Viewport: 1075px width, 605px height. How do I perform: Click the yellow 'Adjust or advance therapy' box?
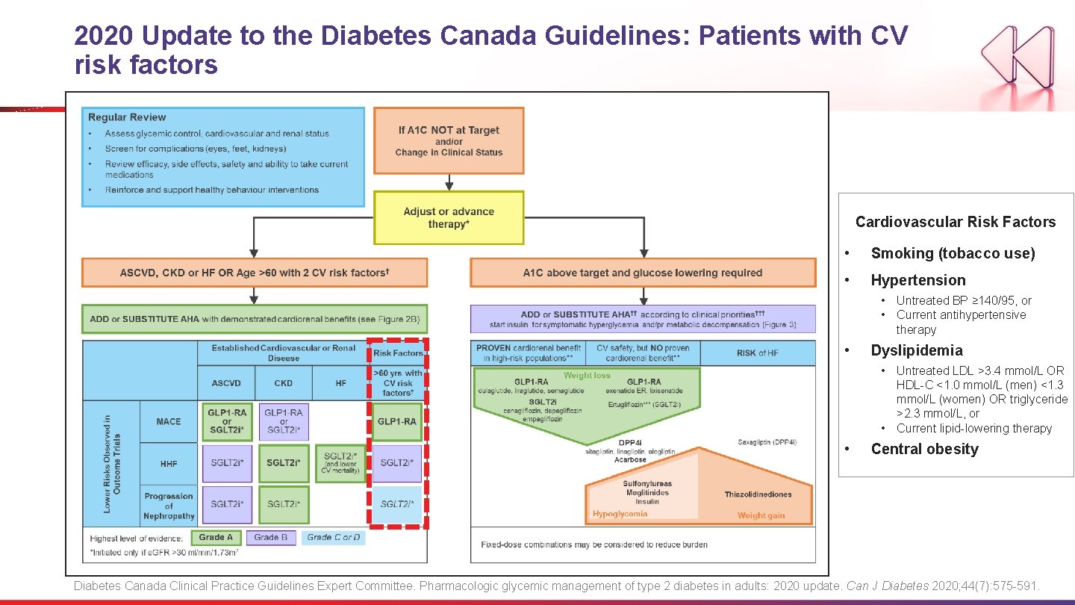(x=449, y=217)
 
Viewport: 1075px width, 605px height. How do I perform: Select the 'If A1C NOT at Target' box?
(x=449, y=140)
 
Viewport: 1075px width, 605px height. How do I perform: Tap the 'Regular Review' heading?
(x=127, y=117)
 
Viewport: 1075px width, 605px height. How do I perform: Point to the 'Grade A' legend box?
(x=216, y=537)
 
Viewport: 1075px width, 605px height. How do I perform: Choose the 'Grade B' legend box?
(x=271, y=537)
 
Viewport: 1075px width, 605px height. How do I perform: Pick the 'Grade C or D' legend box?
(x=333, y=537)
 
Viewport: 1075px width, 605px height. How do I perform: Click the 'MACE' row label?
(x=169, y=421)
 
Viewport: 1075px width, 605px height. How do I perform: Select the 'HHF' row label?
(x=169, y=463)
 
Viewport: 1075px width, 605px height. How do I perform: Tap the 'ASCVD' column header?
(x=226, y=383)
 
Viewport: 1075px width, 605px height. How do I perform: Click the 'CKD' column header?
(x=284, y=383)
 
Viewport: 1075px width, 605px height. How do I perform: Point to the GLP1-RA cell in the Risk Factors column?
(x=397, y=421)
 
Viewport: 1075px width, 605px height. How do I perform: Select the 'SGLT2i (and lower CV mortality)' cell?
(x=341, y=463)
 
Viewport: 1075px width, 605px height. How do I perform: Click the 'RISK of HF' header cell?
(x=757, y=353)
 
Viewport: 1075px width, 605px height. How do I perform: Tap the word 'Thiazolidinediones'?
(x=758, y=494)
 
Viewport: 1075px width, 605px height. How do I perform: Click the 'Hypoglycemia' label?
(x=620, y=514)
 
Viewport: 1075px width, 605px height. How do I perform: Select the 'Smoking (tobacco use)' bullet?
(x=953, y=253)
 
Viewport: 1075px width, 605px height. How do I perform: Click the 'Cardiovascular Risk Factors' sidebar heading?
(x=956, y=222)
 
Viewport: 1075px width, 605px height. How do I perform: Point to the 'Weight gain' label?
(x=761, y=515)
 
